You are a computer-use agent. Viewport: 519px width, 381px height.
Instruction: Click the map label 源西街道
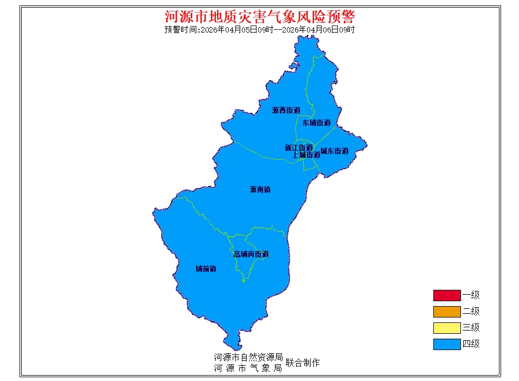tap(286, 110)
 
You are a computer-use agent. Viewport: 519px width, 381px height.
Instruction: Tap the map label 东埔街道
tap(316, 123)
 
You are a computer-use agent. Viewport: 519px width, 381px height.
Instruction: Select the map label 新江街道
tap(298, 148)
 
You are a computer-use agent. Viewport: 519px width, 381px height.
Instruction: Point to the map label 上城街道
tap(306, 155)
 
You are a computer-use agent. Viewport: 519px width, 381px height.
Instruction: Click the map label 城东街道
tap(334, 151)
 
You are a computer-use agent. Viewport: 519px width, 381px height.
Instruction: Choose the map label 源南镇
tap(260, 190)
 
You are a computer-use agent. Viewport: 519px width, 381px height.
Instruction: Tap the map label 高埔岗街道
tap(251, 254)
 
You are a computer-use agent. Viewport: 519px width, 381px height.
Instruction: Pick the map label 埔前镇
tap(206, 269)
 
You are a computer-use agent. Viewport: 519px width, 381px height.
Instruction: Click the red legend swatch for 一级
tap(446, 295)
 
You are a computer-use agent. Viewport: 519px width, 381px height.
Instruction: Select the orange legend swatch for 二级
tap(446, 312)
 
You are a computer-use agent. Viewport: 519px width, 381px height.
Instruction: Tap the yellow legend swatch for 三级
tap(446, 328)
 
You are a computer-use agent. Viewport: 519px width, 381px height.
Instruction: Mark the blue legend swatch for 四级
tap(446, 344)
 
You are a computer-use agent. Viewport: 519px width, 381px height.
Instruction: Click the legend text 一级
tap(471, 295)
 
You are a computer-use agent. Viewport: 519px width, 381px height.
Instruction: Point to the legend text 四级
tap(471, 344)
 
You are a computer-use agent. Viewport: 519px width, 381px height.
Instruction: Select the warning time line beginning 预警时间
tap(259, 30)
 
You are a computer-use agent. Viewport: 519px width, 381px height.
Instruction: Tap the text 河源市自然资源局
tap(248, 358)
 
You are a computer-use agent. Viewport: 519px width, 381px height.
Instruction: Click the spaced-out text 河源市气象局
tap(248, 368)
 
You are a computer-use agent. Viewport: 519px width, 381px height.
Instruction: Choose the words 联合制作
tap(303, 363)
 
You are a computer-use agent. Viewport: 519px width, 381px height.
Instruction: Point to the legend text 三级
tap(471, 328)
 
